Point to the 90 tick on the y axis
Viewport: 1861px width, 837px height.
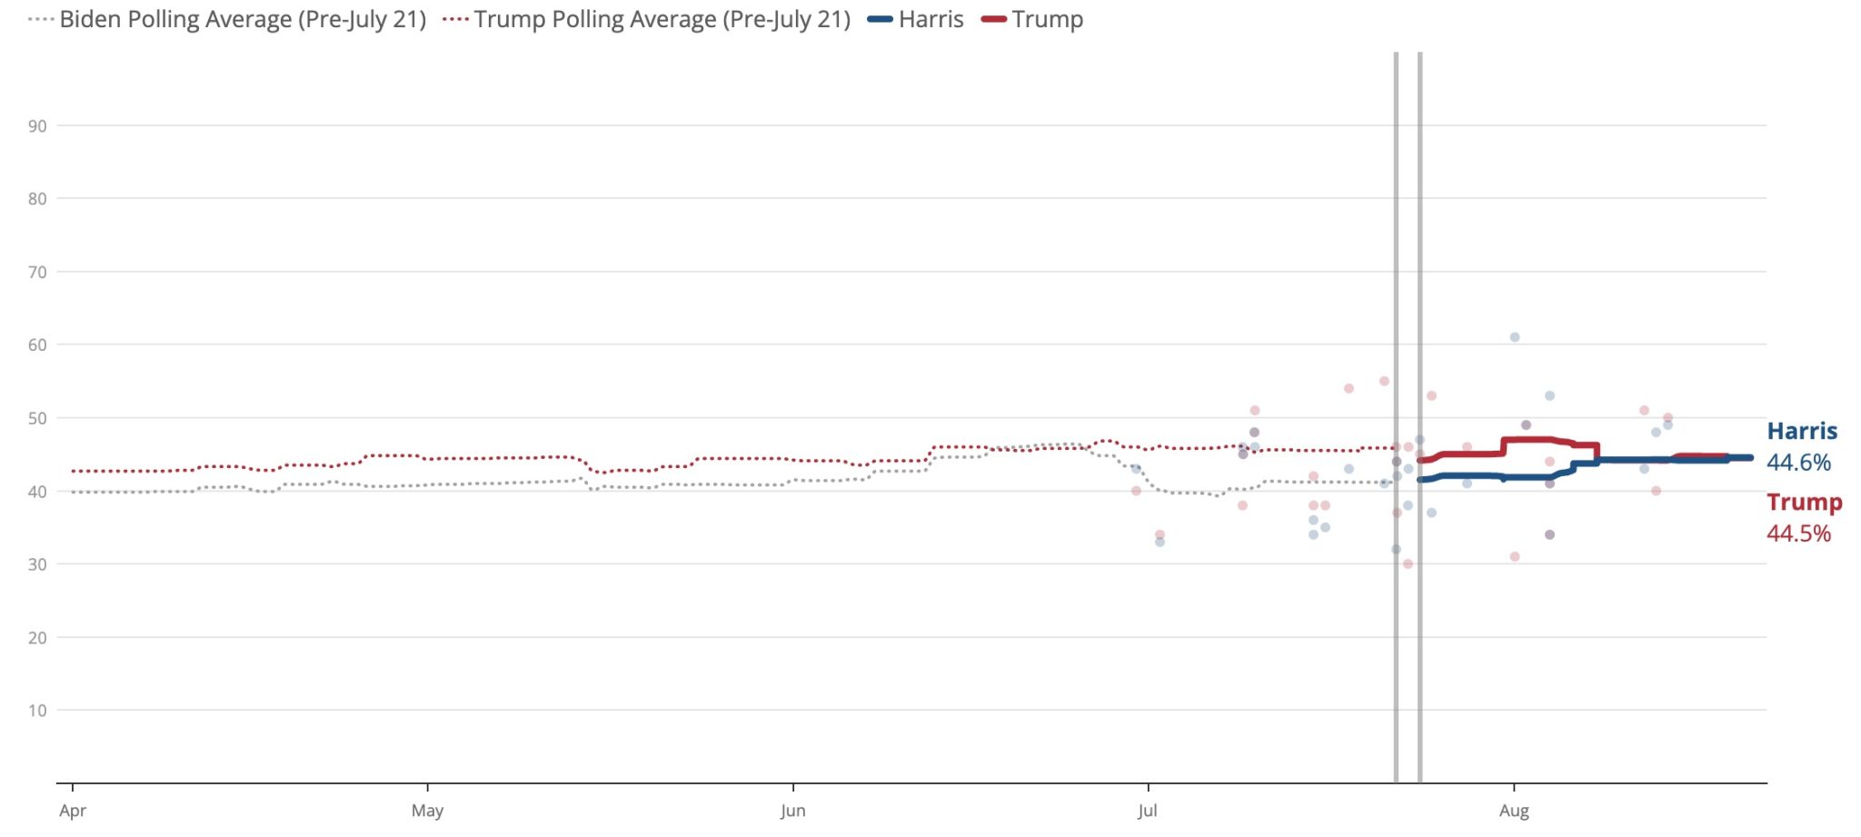[37, 126]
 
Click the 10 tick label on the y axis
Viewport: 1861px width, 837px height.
[37, 711]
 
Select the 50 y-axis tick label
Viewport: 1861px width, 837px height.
[37, 419]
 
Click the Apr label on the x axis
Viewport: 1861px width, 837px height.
[73, 811]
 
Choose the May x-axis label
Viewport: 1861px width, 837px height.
[427, 811]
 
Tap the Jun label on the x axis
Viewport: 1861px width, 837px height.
[792, 811]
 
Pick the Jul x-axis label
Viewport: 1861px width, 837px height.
[1147, 811]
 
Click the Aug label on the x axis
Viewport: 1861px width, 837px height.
[1514, 811]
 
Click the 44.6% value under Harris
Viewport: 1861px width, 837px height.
[1798, 463]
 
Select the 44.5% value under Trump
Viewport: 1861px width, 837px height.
[1798, 533]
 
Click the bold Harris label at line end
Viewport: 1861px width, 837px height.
[1802, 432]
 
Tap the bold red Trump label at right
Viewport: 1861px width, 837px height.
[1804, 502]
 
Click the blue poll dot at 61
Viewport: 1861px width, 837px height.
[1515, 337]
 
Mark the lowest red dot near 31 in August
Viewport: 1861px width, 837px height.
[1515, 556]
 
